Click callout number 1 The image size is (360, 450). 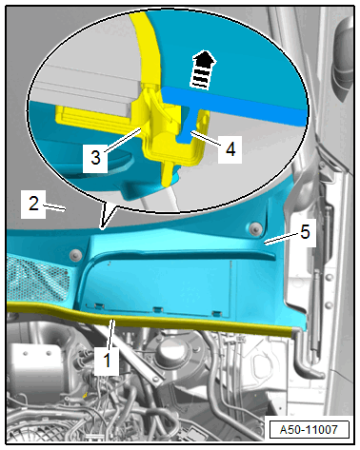[x=108, y=361]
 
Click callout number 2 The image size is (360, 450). [x=33, y=204]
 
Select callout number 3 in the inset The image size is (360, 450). [x=95, y=157]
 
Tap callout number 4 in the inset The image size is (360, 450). [x=230, y=148]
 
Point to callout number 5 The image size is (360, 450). [x=305, y=232]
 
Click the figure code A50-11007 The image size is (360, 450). [x=309, y=430]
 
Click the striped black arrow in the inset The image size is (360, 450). [x=202, y=69]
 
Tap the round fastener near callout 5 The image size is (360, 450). [x=255, y=228]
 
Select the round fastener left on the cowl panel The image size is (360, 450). [x=76, y=254]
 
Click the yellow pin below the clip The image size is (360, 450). [x=169, y=173]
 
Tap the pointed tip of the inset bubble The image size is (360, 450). [x=102, y=227]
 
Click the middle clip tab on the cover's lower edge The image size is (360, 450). [x=157, y=309]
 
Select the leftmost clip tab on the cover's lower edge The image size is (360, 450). [x=99, y=305]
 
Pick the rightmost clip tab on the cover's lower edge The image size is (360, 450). [x=216, y=313]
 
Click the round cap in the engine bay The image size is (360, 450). [x=171, y=349]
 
